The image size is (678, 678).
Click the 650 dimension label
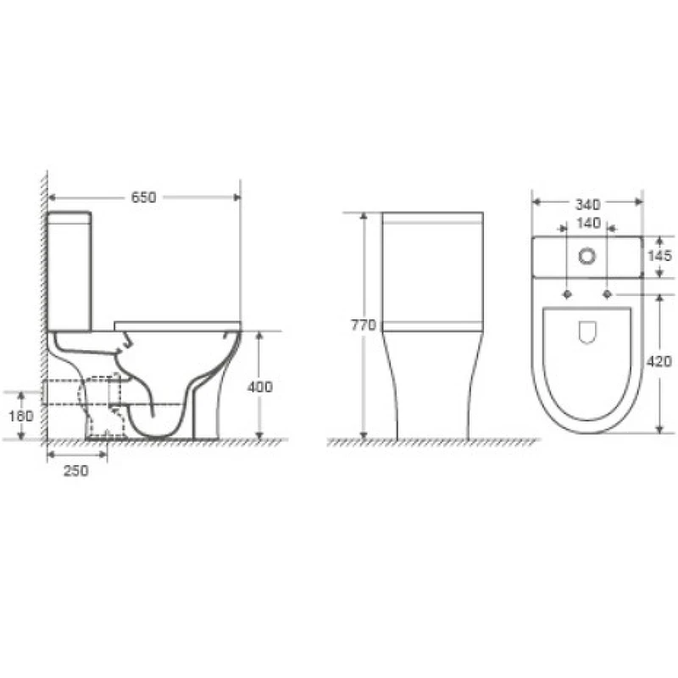click(x=143, y=197)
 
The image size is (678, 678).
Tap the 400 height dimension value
click(x=260, y=387)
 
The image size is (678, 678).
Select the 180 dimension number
click(x=20, y=416)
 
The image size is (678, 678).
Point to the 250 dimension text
click(x=76, y=470)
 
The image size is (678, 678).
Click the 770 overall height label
click(x=364, y=325)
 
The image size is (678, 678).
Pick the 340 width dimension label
click(x=587, y=204)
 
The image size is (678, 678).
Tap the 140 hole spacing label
click(x=589, y=223)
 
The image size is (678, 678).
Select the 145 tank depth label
click(x=660, y=256)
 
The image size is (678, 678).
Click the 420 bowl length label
click(x=659, y=361)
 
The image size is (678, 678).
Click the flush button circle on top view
click(x=587, y=256)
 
